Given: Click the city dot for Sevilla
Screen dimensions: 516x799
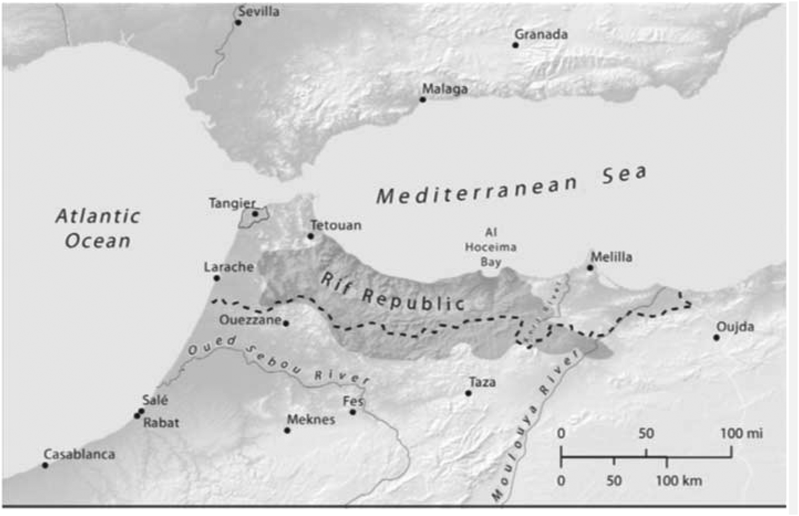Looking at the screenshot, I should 238,23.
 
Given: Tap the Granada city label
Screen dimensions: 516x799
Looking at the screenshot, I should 541,34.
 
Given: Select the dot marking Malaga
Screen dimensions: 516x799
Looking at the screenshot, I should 423,100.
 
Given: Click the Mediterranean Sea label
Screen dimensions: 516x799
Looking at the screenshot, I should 511,186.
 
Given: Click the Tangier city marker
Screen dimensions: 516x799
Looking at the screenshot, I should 255,214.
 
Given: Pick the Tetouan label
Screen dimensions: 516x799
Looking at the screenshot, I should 335,225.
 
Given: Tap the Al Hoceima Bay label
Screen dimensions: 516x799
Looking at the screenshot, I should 490,247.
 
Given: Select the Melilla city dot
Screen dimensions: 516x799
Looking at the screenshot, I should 590,268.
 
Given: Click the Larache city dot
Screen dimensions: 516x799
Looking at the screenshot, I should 217,278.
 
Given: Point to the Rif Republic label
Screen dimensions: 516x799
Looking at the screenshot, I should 392,292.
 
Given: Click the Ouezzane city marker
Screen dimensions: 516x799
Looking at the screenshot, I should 286,323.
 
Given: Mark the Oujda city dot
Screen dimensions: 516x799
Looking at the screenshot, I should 717,338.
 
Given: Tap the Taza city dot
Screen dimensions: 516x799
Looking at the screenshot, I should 469,394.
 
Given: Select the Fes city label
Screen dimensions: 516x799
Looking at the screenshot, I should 353,401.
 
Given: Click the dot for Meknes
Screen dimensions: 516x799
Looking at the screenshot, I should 287,430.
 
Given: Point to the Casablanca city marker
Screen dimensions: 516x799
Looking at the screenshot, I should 45,466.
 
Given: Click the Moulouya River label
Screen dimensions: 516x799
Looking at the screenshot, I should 535,429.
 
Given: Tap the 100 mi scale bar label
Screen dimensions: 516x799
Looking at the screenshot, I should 741,434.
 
